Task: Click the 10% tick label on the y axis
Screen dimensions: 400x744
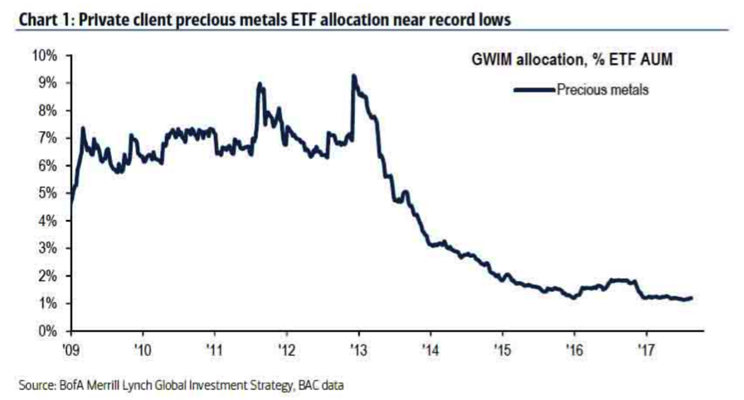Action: pyautogui.click(x=44, y=56)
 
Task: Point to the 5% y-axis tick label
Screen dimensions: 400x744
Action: pyautogui.click(x=46, y=193)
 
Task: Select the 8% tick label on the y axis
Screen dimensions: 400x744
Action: pyautogui.click(x=46, y=110)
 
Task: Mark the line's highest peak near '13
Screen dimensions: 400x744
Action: pyautogui.click(x=354, y=76)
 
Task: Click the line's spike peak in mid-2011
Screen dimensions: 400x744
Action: pyautogui.click(x=260, y=84)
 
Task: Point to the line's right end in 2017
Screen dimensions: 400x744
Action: pyautogui.click(x=691, y=298)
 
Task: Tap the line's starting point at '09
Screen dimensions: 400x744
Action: pyautogui.click(x=71, y=202)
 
